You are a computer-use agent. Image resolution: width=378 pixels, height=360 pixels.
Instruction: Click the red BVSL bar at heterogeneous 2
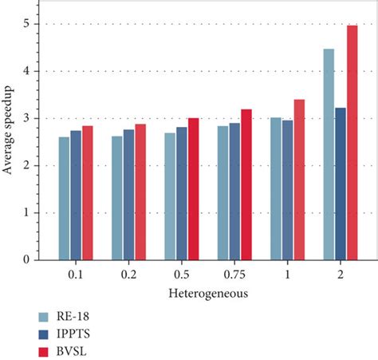tap(352, 143)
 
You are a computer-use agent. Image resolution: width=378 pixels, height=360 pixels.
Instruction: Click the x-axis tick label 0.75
tap(234, 274)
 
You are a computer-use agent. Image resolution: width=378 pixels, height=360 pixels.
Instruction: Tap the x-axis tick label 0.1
tap(76, 274)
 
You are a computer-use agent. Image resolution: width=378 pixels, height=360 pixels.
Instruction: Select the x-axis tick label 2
tap(340, 274)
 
